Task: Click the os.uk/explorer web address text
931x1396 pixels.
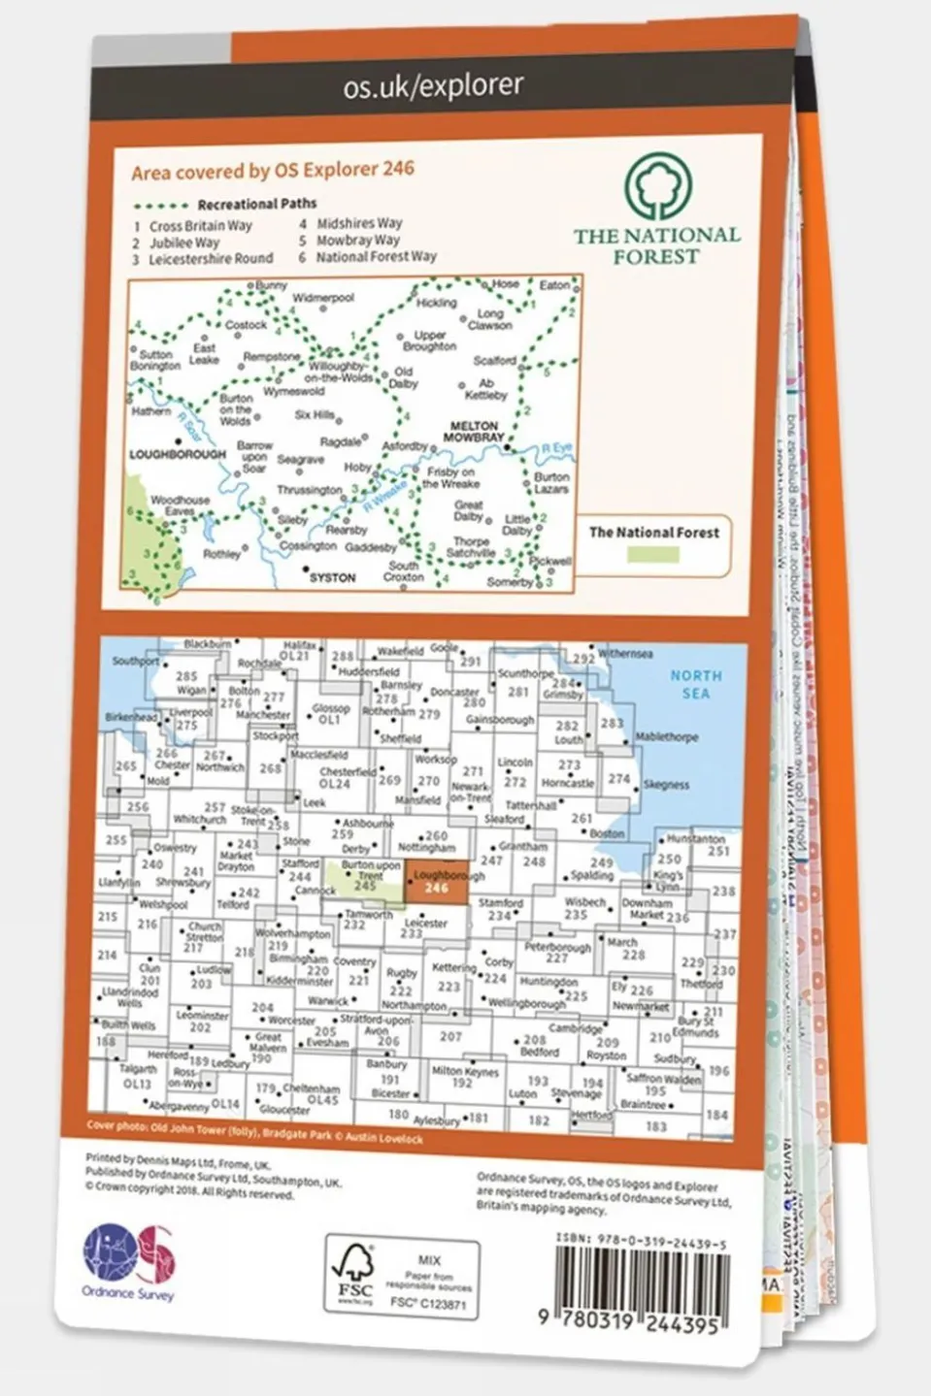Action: click(433, 87)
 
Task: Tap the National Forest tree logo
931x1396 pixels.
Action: click(658, 186)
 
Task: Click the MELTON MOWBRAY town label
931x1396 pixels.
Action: click(474, 432)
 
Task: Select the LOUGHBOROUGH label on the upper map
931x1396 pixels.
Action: click(178, 454)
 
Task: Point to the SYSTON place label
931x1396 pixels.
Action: click(332, 577)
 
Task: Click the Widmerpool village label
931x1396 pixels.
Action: click(323, 298)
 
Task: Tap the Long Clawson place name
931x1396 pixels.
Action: click(490, 319)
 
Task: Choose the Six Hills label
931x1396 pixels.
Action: click(314, 415)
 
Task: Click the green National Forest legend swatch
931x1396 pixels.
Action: click(652, 554)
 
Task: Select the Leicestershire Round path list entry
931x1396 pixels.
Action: click(210, 260)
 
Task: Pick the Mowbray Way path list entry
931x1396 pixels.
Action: click(358, 241)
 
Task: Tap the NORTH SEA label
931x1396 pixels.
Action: click(695, 684)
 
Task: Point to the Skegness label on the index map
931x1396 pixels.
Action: click(666, 785)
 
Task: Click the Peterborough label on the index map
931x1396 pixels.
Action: click(557, 947)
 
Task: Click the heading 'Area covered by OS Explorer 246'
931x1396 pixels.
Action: click(273, 171)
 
